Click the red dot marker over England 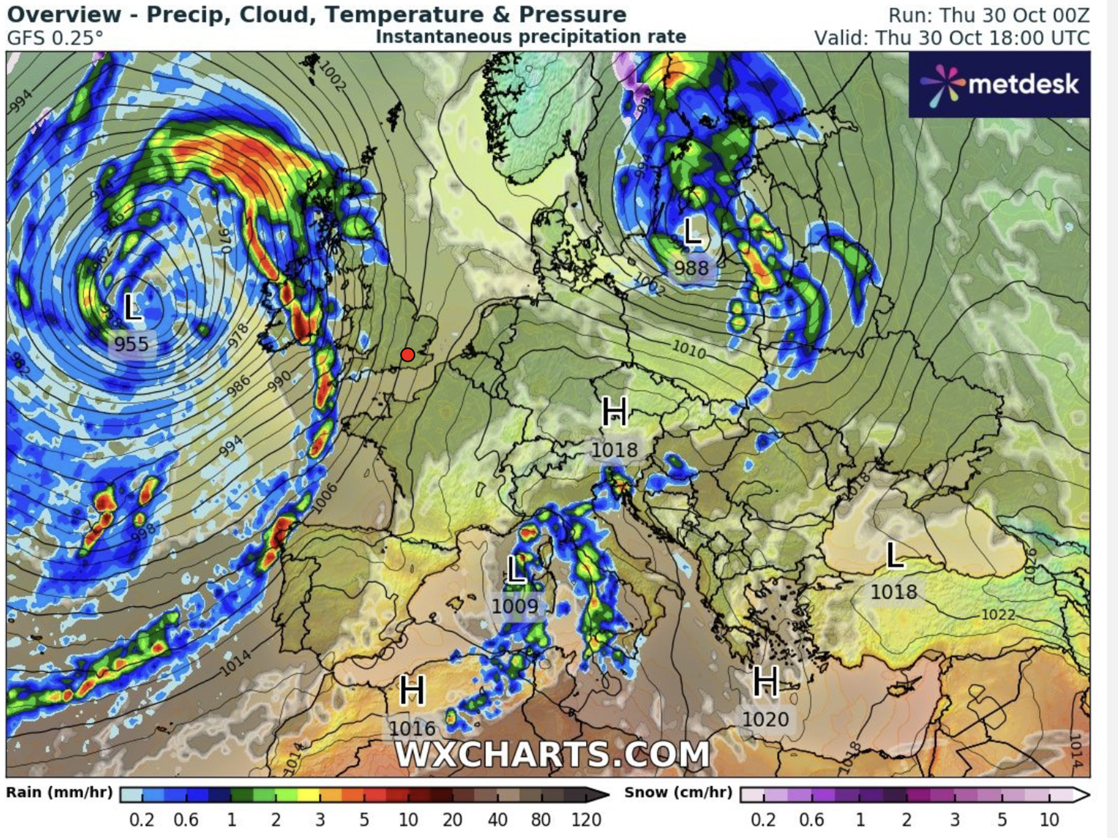(408, 355)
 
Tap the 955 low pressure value (131, 344)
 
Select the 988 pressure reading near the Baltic (691, 268)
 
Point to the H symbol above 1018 (614, 413)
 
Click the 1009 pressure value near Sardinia (515, 607)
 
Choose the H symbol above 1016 (413, 691)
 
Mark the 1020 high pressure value (765, 719)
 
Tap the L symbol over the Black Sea (895, 556)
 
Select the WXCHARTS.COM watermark (552, 754)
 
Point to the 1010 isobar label (689, 350)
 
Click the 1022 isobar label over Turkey (998, 615)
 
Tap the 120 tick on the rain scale (586, 820)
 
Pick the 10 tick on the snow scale (1049, 820)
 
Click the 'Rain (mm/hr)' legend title (59, 793)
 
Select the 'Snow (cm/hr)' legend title (678, 793)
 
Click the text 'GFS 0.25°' (55, 38)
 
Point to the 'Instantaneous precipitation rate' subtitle (530, 37)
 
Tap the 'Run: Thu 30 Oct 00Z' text (989, 15)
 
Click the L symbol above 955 (131, 307)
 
